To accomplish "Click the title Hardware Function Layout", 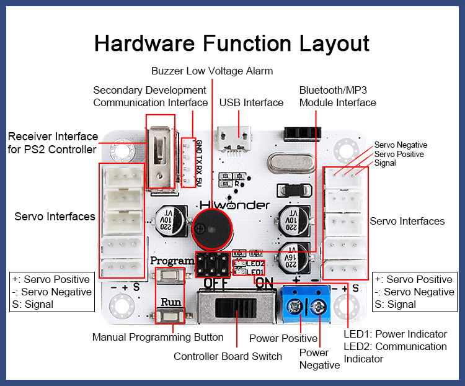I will point(232,43).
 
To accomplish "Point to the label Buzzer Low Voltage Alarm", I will point(212,71).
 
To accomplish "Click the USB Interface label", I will point(251,102).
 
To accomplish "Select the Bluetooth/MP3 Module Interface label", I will point(337,96).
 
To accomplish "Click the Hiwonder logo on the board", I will point(235,205).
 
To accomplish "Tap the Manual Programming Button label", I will point(157,337).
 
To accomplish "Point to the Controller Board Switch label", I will point(228,356).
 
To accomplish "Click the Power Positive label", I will point(283,338).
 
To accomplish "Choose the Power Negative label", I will point(320,359).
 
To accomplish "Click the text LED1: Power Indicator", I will point(395,334).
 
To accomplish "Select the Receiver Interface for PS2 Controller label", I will point(53,143).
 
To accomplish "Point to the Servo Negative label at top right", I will point(401,145).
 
